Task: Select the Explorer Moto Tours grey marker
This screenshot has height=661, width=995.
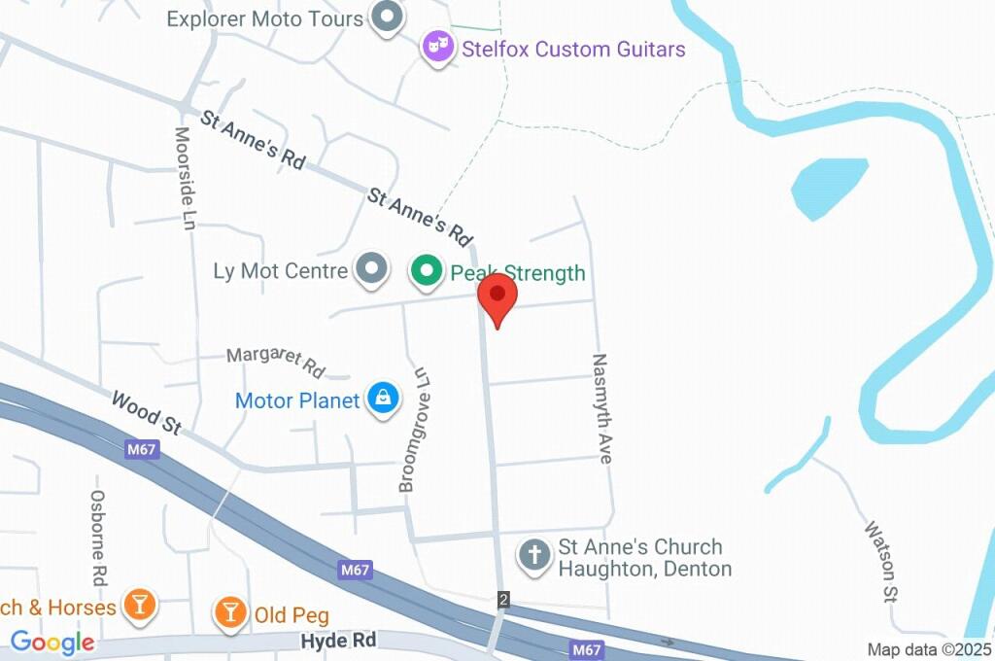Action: point(388,17)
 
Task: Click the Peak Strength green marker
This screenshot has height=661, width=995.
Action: point(426,271)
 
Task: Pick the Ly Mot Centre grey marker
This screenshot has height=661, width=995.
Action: point(370,270)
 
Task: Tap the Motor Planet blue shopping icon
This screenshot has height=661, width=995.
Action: point(384,399)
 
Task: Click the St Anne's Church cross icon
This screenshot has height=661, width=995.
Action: point(534,556)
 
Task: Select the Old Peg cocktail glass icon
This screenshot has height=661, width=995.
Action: point(230,612)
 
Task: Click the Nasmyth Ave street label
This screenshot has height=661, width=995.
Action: point(601,407)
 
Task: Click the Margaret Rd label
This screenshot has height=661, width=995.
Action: point(275,361)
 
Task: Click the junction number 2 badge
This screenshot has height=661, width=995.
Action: point(503,599)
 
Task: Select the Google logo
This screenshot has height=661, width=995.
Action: point(52,642)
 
